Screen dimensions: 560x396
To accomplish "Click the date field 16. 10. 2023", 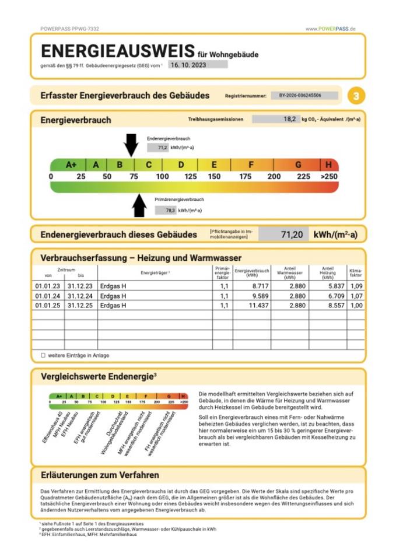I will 198,65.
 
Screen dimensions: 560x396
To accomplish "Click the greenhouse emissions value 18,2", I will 275,119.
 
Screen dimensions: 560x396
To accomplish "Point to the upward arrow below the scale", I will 139,205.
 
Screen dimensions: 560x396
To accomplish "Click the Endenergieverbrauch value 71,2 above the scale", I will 163,148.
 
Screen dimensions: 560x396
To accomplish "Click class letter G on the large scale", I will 298,165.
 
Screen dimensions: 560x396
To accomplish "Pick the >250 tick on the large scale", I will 329,177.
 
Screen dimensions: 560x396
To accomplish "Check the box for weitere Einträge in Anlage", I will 43,355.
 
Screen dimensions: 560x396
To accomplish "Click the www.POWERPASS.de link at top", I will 331,29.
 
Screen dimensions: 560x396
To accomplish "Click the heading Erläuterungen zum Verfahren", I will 100,475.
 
